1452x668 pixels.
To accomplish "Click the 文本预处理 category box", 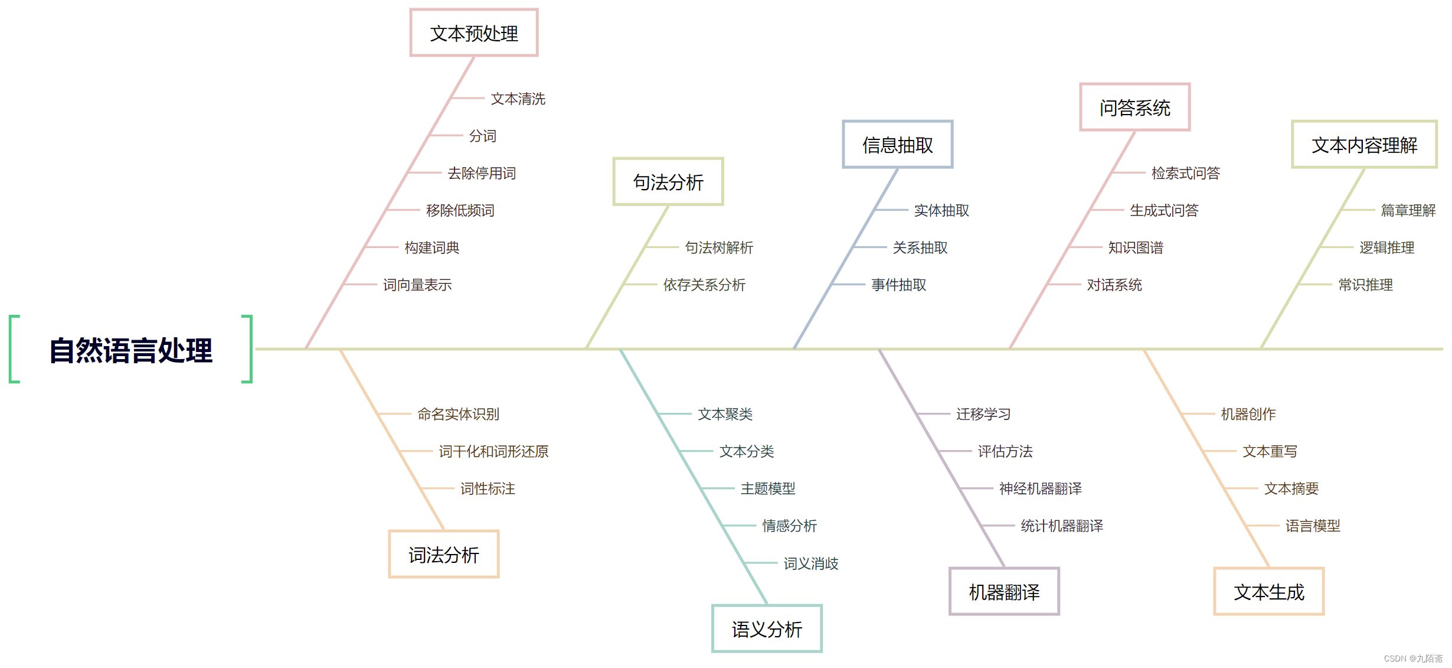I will (x=474, y=33).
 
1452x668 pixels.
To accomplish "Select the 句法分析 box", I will (x=668, y=182).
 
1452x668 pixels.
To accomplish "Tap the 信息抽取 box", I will (x=897, y=145).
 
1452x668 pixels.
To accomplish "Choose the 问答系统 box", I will (x=1134, y=107).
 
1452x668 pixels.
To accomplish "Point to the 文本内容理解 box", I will (x=1364, y=145).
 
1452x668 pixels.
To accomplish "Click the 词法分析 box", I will (x=443, y=554).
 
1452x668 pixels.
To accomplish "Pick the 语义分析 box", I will (x=767, y=628).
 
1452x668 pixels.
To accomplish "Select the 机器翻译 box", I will (x=1004, y=591).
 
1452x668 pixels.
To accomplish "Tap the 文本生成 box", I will (x=1268, y=591).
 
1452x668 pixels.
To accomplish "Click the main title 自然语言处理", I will (x=130, y=350).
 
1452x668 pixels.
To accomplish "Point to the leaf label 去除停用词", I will (x=482, y=173).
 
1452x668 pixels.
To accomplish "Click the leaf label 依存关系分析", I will (x=704, y=285).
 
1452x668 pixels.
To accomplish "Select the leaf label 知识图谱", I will (x=1136, y=247).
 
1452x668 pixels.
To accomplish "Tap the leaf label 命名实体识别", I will (x=458, y=414).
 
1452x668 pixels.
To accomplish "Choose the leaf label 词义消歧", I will (x=811, y=563).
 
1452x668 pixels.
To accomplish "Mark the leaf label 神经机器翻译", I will (x=1040, y=488).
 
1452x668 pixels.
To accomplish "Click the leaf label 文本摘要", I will (x=1291, y=488).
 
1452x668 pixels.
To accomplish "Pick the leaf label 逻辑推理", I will (x=1386, y=247).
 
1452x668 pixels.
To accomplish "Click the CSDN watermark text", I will (x=1412, y=659).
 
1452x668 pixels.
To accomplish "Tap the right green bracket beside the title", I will (x=249, y=349).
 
